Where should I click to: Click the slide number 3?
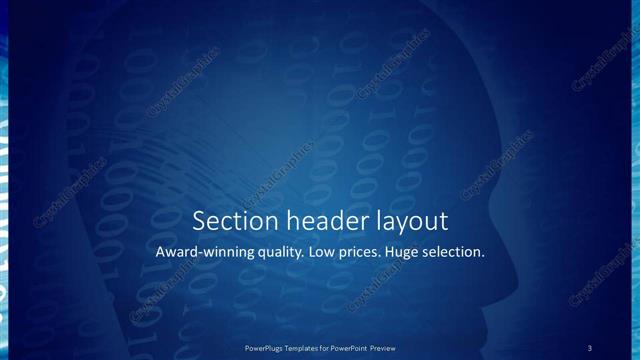point(590,347)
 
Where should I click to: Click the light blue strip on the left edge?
point(4,180)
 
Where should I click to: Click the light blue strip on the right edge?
point(635,180)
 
